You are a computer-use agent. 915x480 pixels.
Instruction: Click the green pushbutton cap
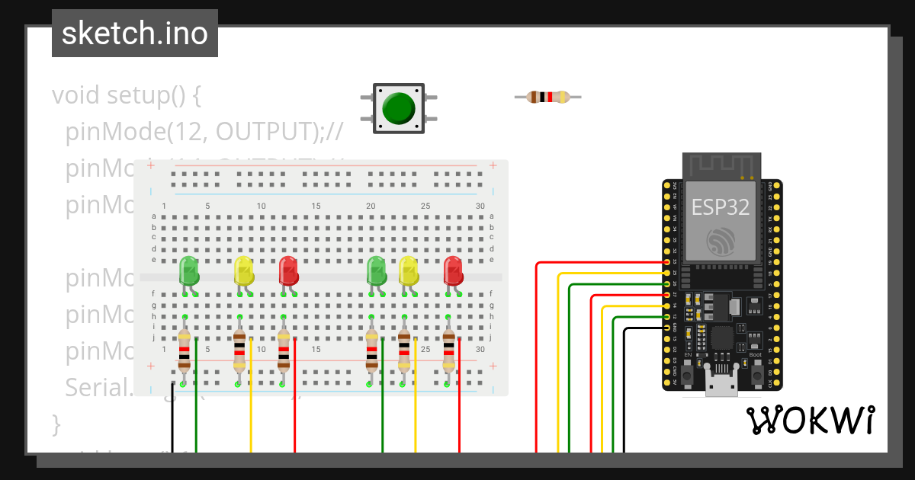pos(399,108)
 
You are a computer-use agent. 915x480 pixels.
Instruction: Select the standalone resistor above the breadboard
pos(547,97)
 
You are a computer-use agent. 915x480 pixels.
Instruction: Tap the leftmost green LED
pos(188,271)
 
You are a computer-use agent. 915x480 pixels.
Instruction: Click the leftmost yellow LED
pos(243,271)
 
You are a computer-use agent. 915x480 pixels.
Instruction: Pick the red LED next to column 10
pos(288,271)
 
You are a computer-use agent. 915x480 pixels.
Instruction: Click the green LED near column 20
pos(376,271)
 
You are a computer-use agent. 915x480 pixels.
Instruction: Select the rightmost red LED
pos(453,271)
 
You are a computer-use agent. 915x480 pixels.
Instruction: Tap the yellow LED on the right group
pos(409,271)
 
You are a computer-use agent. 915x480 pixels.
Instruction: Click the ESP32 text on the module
pos(720,206)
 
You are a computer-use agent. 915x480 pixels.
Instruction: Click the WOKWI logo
pos(809,420)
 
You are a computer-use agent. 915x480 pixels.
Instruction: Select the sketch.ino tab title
pos(135,34)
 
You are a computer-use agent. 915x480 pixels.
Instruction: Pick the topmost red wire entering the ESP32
pos(595,263)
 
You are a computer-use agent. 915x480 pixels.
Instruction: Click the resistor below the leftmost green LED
pos(184,352)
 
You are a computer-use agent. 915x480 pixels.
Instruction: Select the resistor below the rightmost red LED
pos(448,352)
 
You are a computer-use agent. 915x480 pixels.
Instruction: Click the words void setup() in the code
pos(126,96)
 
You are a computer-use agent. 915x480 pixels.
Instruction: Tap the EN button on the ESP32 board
pos(688,374)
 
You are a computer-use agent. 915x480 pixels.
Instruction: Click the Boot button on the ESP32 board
pos(756,374)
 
